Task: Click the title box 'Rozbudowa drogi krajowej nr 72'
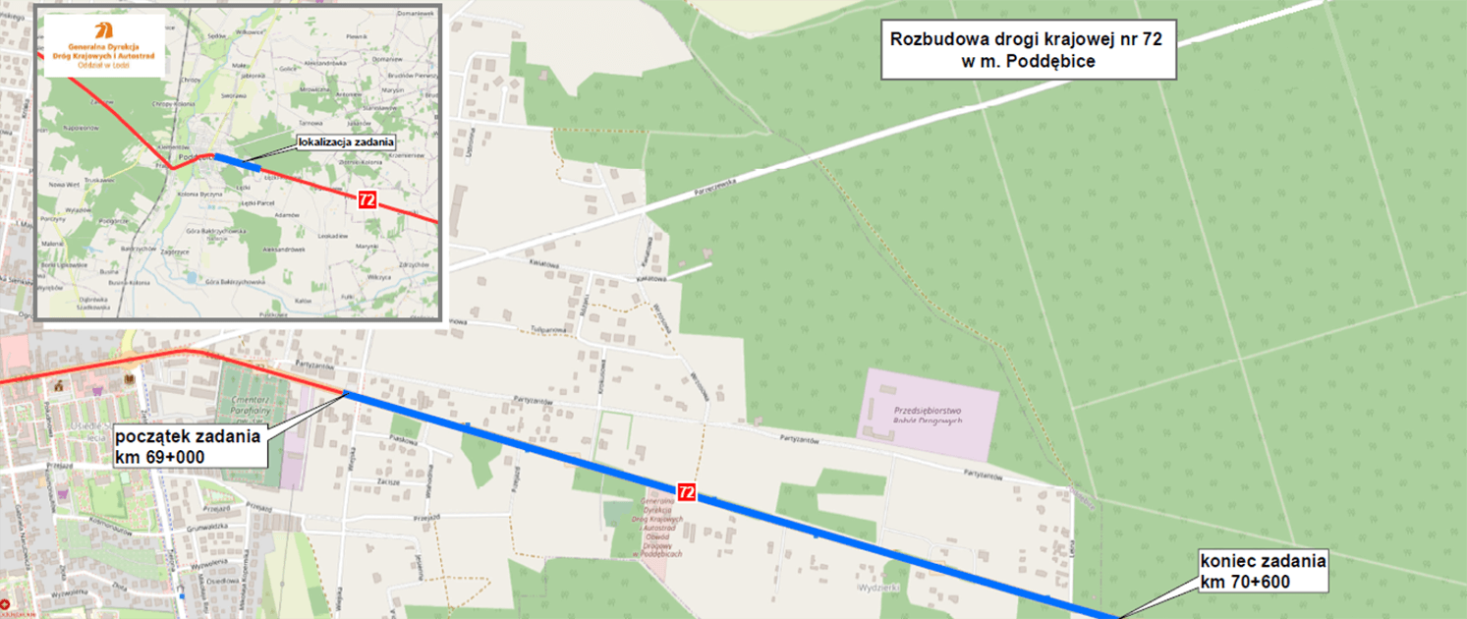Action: click(x=1028, y=50)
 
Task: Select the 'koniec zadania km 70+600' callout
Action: click(x=1263, y=572)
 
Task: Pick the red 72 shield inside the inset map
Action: click(x=367, y=199)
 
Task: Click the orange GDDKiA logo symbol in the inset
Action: click(x=103, y=28)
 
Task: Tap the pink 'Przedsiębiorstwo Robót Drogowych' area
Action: click(x=929, y=414)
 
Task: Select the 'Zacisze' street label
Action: click(x=386, y=481)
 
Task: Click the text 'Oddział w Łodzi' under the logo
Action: click(x=103, y=65)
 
